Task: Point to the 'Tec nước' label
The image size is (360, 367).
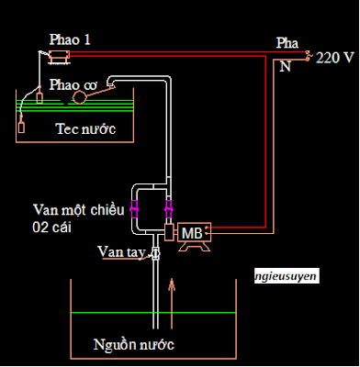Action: point(84,129)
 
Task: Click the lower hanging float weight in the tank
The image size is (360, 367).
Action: point(21,126)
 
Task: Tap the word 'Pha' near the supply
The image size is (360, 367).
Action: point(287,43)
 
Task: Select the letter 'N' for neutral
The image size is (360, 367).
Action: point(285,65)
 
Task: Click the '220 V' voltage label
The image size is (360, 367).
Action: point(334,56)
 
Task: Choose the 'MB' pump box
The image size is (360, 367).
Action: point(192,233)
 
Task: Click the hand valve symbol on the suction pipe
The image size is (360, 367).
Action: point(155,251)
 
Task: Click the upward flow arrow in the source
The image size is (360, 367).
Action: point(171,298)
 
